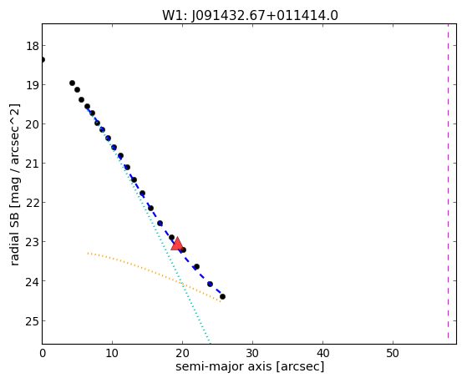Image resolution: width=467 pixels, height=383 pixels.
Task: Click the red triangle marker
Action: coord(177,244)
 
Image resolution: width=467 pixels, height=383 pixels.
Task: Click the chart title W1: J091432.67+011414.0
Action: coord(250,16)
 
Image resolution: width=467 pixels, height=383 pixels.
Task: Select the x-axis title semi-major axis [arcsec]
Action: coord(250,366)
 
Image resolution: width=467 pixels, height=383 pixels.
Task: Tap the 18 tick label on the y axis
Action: coord(33,46)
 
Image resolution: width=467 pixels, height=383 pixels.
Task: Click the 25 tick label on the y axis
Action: coord(33,321)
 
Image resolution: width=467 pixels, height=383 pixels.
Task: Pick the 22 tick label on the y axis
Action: coord(33,203)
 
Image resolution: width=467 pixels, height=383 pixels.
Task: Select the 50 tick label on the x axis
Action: coord(393,353)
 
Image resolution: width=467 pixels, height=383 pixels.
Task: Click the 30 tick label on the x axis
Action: coord(252,353)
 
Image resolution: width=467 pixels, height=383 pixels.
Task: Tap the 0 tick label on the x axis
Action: coord(43,353)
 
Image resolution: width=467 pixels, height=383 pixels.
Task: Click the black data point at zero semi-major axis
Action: coord(43,60)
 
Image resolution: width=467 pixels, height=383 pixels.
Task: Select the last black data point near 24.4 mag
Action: coord(222,296)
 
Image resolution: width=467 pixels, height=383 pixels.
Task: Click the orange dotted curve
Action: coord(154,272)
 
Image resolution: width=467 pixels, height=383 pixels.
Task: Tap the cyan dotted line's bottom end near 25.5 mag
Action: coord(210,341)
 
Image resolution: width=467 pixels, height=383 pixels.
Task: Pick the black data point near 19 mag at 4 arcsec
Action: coord(72,83)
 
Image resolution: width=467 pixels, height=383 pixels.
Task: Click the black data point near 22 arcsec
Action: coord(196,267)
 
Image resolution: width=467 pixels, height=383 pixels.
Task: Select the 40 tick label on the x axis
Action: coord(322,353)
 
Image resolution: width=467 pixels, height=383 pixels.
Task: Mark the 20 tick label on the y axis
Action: coord(33,124)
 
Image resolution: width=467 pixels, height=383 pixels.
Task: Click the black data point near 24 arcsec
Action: coord(210,284)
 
